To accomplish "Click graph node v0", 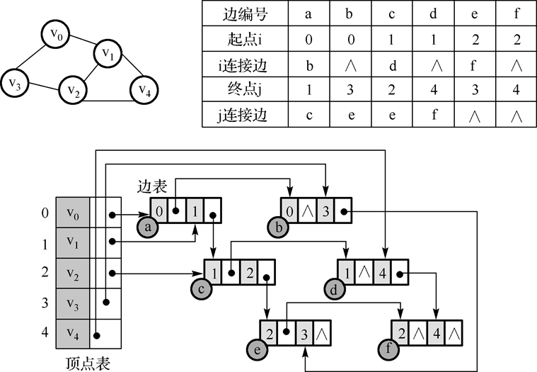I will coord(54,34).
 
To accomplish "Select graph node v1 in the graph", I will coord(108,53).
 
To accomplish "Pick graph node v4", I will coord(145,90).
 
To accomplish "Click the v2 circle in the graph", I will coord(73,90).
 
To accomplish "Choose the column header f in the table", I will coord(516,13).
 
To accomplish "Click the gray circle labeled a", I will coord(148,227).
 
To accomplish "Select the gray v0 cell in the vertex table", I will coord(73,213).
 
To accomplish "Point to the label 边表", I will coord(152,187).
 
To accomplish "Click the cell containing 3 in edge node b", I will coord(325,210).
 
